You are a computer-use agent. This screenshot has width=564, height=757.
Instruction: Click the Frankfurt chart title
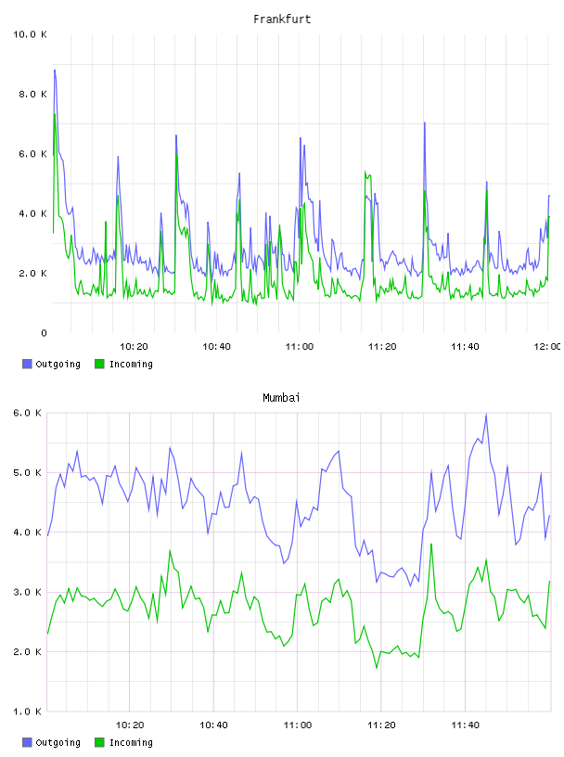pos(282,19)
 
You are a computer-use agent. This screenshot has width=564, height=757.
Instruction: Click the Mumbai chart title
pos(281,398)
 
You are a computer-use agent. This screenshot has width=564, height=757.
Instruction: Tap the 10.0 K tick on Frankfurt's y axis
pos(30,34)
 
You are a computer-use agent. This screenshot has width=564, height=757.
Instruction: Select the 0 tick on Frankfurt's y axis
pos(44,333)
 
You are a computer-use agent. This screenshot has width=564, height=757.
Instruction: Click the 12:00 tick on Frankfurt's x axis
pos(546,347)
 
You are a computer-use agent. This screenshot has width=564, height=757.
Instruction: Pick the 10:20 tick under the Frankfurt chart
pos(134,347)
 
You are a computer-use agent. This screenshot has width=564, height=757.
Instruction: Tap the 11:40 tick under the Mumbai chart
pos(465,725)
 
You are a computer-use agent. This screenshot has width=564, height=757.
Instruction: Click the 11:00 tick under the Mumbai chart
pos(298,725)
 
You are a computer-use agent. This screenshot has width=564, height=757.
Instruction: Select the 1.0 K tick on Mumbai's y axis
pos(28,712)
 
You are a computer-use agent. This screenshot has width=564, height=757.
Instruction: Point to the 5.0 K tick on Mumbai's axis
pos(28,472)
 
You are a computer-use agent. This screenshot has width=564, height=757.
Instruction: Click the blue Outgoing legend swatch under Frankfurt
pos(27,364)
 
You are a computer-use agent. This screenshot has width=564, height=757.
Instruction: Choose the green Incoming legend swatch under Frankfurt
pos(99,364)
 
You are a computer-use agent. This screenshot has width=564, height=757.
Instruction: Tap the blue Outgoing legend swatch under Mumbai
pos(27,742)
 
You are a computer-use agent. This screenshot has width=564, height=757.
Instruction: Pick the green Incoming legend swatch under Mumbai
pos(99,742)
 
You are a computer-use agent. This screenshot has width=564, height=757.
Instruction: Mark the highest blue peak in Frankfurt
pos(55,70)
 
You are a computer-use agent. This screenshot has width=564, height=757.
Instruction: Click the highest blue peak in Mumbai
pos(486,415)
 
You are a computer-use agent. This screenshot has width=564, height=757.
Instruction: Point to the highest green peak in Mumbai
pos(431,544)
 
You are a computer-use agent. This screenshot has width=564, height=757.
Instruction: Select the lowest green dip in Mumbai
pos(377,668)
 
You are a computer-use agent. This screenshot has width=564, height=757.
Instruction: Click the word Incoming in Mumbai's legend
pos(131,742)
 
